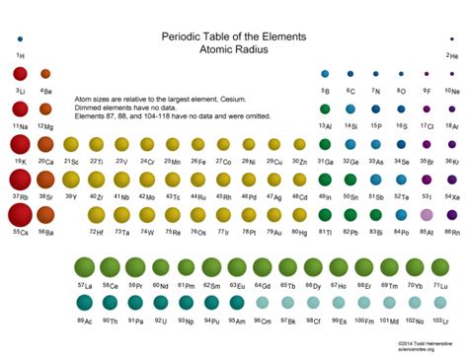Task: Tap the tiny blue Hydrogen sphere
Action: coord(20,39)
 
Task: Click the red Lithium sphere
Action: coord(20,74)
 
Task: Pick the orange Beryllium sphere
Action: coord(45,74)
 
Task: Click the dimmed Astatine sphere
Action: coord(427,215)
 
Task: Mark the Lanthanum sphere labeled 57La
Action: coord(84,267)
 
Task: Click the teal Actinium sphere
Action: coord(84,304)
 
